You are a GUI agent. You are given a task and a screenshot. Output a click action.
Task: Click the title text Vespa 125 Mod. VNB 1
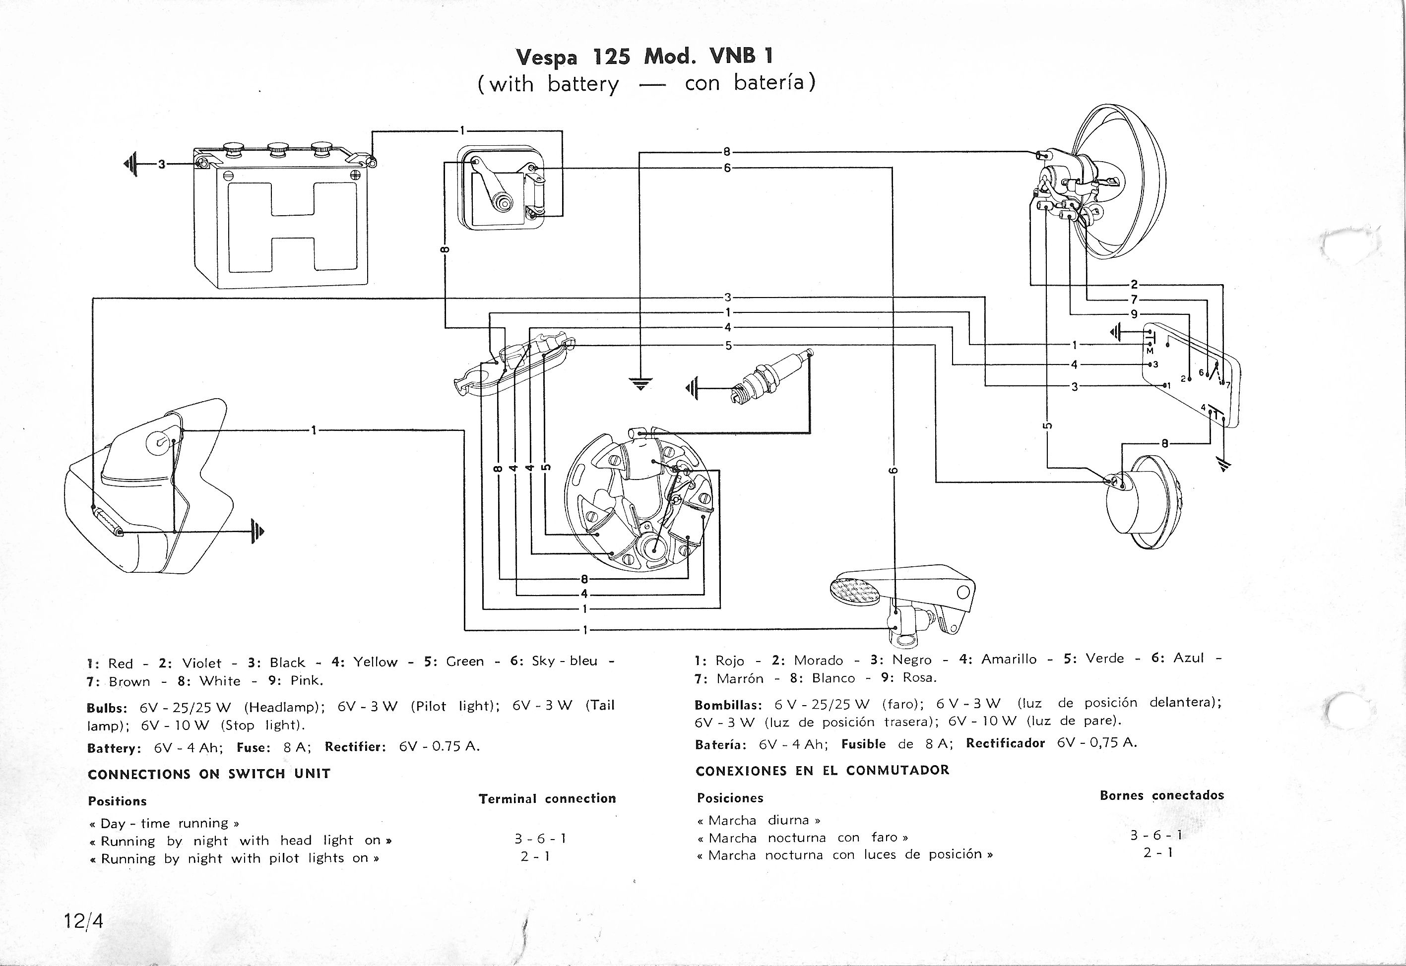coord(644,57)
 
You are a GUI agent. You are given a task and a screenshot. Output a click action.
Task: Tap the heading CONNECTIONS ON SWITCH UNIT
coord(209,774)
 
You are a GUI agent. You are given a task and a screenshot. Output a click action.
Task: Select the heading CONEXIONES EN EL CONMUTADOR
coord(822,771)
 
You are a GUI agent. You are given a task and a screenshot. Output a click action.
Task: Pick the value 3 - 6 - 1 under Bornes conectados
coord(1156,835)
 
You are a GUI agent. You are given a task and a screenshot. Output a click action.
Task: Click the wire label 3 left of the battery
coord(161,164)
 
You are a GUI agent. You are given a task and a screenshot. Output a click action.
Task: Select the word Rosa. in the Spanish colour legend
coord(919,678)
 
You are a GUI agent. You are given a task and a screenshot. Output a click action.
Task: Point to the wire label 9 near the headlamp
coord(1134,314)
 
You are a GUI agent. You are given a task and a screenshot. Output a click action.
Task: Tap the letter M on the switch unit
coord(1150,352)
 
